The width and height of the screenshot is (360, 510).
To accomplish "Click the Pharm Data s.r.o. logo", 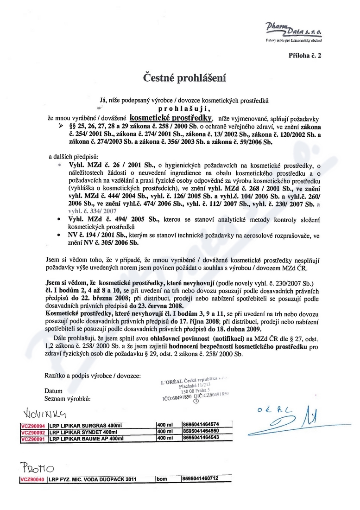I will click(x=293, y=31).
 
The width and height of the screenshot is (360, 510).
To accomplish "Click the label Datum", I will click(x=53, y=391).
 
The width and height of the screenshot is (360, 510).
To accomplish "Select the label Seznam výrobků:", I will click(x=67, y=398).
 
